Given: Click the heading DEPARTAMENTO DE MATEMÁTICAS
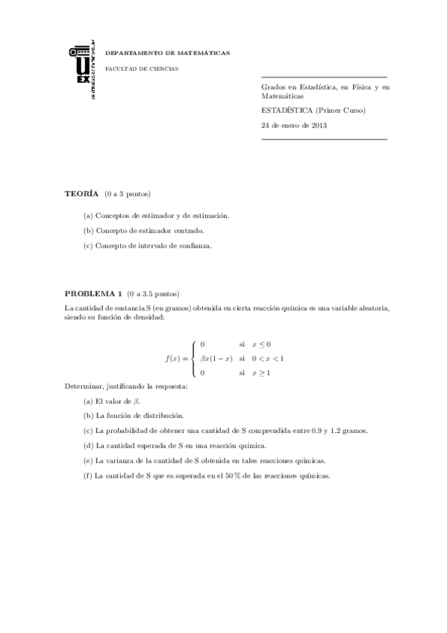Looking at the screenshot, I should click(x=167, y=54).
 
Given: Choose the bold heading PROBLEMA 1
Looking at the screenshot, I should click(x=93, y=293).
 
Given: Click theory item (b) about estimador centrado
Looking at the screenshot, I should click(x=144, y=231).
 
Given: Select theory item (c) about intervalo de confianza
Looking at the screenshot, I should click(x=148, y=246).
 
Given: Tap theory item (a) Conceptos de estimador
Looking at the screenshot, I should click(x=157, y=216).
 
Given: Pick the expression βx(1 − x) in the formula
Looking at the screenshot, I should click(x=216, y=358).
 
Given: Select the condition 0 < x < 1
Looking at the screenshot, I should click(x=268, y=358).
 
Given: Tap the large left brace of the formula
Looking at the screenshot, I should click(x=193, y=358).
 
